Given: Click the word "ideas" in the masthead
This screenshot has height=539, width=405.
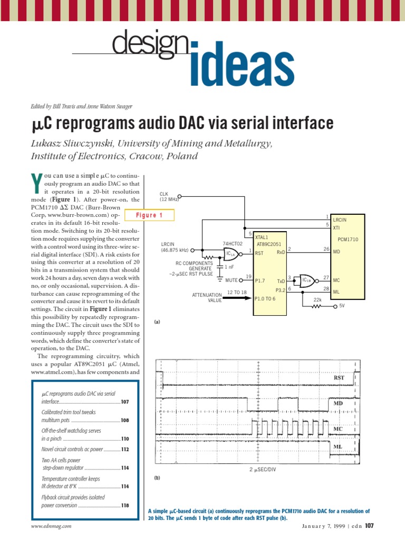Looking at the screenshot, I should [x=240, y=67].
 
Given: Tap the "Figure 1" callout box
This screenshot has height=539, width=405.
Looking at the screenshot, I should [x=150, y=215].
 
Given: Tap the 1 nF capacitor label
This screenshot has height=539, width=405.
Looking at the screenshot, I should [x=230, y=267].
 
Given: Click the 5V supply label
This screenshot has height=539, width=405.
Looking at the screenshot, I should [x=342, y=305].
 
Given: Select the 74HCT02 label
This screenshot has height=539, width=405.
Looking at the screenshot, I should [x=232, y=244].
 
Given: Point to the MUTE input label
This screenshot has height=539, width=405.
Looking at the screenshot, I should [x=231, y=280].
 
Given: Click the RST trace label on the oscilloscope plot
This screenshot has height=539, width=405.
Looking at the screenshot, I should [x=339, y=378].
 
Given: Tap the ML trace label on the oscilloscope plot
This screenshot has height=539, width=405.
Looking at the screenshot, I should [x=338, y=446].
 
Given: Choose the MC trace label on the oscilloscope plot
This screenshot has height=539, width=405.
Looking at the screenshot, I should [x=338, y=429].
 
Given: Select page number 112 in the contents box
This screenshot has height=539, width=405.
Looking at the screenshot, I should [x=125, y=450].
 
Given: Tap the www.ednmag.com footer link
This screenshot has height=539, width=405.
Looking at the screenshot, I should [x=51, y=526].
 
